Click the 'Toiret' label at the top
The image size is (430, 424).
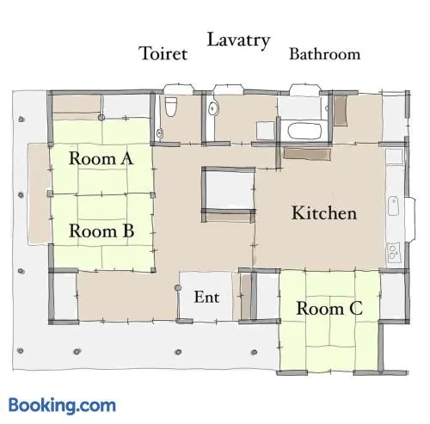click(x=163, y=53)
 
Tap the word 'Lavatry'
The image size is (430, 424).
click(x=238, y=40)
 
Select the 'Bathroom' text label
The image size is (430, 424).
click(x=324, y=54)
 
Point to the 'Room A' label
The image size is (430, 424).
click(x=101, y=158)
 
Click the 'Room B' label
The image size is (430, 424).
click(x=101, y=230)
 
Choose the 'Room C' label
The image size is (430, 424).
click(x=329, y=309)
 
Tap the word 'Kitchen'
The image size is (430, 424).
click(x=324, y=213)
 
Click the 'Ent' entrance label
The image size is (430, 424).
click(x=206, y=297)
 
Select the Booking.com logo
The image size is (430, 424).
click(x=62, y=405)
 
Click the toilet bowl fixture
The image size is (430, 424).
click(x=171, y=107)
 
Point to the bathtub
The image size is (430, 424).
click(x=304, y=131)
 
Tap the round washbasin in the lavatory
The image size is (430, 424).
click(x=213, y=108)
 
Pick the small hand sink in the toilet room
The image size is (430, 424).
click(x=160, y=133)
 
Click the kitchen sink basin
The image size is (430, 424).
click(x=392, y=206)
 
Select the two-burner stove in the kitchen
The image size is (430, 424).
click(x=392, y=252)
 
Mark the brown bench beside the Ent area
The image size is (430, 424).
click(x=245, y=297)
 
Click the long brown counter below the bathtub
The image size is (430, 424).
click(x=307, y=154)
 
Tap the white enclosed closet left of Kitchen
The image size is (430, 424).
click(x=229, y=190)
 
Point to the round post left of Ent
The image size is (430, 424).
click(x=178, y=287)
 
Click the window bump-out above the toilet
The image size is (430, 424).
click(x=178, y=89)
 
